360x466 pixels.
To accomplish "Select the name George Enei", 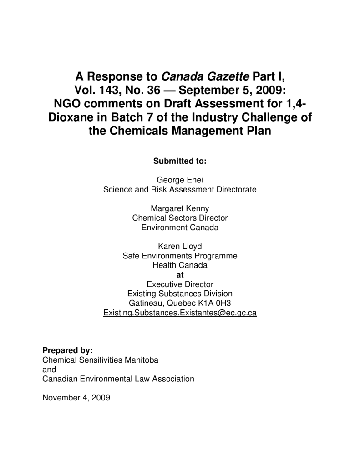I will point(180,180).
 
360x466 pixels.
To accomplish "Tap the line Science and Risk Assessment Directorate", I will point(180,190).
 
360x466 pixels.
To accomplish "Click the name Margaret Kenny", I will point(180,208).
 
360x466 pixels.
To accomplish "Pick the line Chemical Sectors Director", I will point(180,218).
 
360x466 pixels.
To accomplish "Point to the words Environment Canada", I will point(180,228).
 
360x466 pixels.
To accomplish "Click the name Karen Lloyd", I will point(180,247).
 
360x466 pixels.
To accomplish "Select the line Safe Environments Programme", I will point(180,256).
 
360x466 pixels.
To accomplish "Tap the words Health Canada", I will point(180,265).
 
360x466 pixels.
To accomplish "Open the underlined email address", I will point(180,313).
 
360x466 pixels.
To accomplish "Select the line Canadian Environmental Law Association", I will point(118,379).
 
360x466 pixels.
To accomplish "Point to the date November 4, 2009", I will point(76,397).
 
